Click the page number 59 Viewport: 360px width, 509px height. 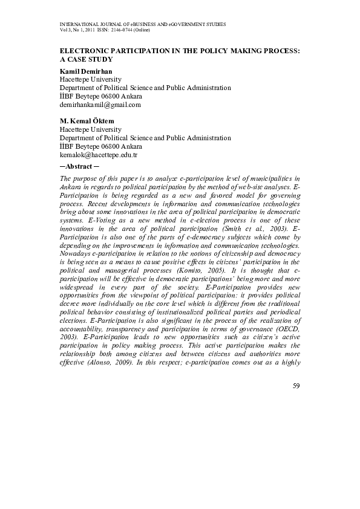[x=295, y=386]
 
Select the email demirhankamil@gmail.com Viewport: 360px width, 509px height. [x=100, y=105]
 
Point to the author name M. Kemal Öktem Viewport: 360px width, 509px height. [x=87, y=121]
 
